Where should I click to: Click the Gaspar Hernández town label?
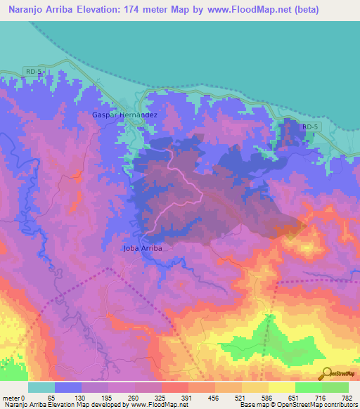(x=124, y=114)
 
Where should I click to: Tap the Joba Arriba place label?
(x=143, y=248)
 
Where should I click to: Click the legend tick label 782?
(x=346, y=398)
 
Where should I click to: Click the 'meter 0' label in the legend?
(x=15, y=398)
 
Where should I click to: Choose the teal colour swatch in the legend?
(x=41, y=387)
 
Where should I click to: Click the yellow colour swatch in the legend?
(x=281, y=387)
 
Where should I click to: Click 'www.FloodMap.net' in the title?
(x=229, y=10)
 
